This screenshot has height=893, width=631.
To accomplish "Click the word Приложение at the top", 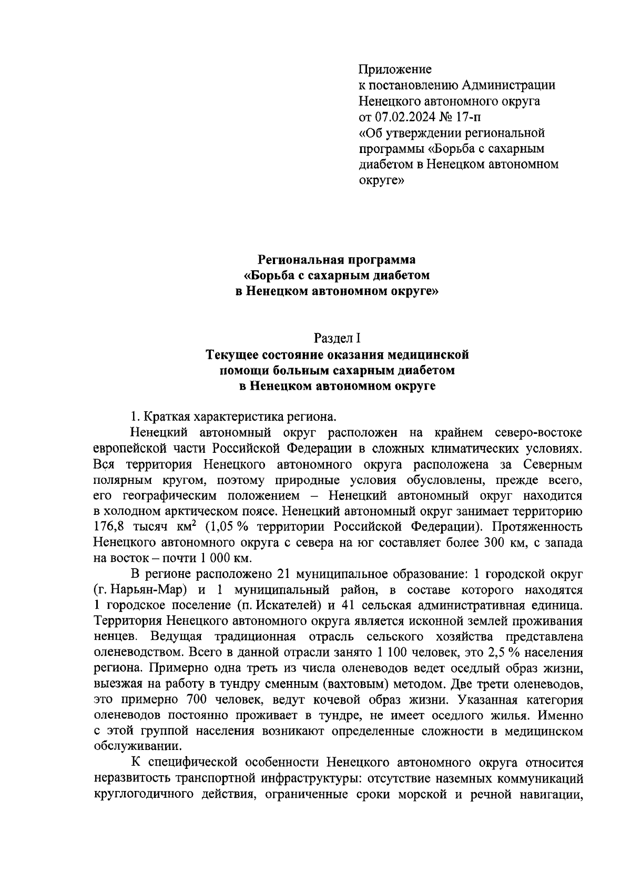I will [394, 69].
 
